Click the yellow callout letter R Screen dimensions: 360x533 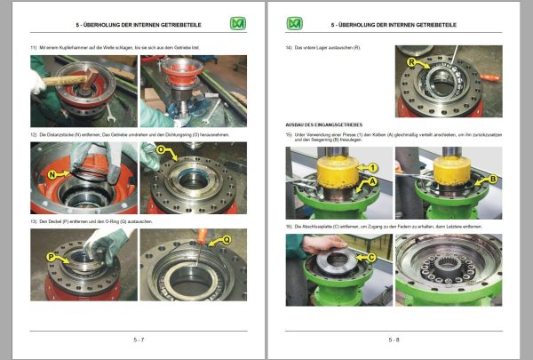point(411,63)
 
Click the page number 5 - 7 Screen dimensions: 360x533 point(133,340)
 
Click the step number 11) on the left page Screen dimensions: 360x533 point(35,45)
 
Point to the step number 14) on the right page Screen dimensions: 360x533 point(290,45)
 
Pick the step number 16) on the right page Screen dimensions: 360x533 point(290,227)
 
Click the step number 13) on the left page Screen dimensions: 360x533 point(35,220)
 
